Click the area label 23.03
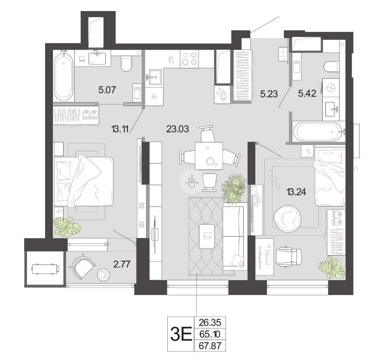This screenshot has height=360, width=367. coord(178,129)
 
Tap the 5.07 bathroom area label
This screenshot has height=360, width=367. coord(107,90)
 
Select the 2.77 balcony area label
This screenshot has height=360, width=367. coord(122,264)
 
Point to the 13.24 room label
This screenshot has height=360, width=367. coord(296,192)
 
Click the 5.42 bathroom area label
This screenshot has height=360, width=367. coord(307,93)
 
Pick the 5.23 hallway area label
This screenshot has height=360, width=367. coord(269,94)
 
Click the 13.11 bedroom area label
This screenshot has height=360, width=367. coord(120,129)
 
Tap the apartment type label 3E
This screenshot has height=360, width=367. coord(181,334)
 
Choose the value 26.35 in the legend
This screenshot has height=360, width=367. coord(210,323)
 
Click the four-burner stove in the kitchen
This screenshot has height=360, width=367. coord(189,59)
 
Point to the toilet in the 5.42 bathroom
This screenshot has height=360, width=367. coord(331,67)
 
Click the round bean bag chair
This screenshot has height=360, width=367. coord(287,219)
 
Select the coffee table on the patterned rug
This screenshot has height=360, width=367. coord(207,236)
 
